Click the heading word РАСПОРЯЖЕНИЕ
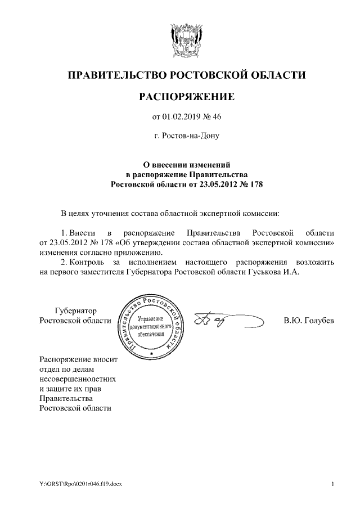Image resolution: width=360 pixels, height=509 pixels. pyautogui.click(x=186, y=98)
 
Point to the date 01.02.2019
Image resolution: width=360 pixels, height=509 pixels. pyautogui.click(x=181, y=117)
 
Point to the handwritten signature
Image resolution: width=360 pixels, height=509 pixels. pyautogui.click(x=225, y=321)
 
